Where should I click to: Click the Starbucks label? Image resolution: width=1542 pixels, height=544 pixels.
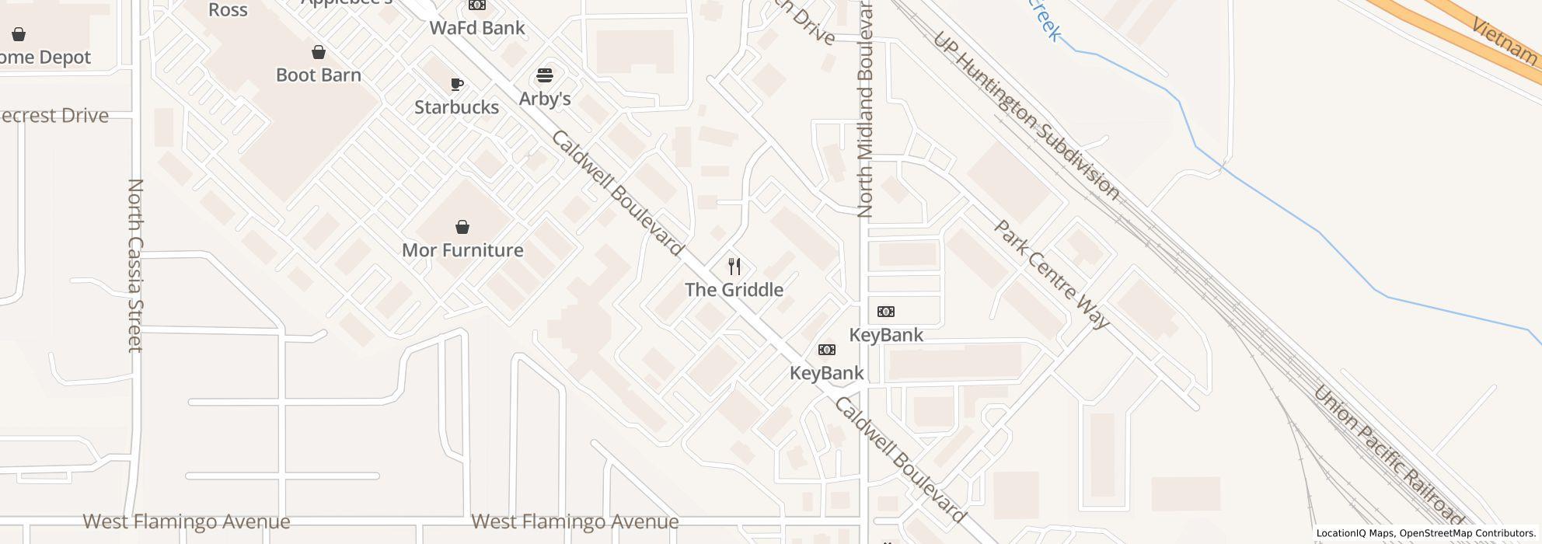tap(456, 107)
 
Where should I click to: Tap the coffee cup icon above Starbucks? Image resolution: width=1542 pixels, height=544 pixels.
tap(457, 84)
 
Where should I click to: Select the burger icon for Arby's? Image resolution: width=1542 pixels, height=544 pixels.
tap(545, 76)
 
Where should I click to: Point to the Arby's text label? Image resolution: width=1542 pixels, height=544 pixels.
tap(545, 99)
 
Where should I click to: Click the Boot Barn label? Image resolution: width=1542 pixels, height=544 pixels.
tap(319, 75)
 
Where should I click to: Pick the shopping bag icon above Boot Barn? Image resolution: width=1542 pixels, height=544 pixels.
tap(319, 52)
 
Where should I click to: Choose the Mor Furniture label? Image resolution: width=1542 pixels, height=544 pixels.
tap(462, 250)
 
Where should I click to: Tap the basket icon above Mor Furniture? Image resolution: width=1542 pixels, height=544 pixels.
tap(462, 227)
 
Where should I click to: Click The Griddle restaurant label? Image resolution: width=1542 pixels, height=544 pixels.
tap(734, 290)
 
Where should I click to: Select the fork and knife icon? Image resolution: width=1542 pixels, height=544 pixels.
tap(734, 267)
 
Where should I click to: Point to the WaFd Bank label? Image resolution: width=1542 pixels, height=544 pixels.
tap(477, 28)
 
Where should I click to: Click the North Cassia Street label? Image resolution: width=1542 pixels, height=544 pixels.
tap(135, 265)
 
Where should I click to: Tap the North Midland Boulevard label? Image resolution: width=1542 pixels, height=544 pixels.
tap(866, 109)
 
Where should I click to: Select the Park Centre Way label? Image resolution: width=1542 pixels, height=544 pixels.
tap(1052, 275)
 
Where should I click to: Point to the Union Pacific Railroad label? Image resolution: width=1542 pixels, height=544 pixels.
tap(1387, 455)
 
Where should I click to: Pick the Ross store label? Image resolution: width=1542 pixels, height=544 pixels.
tap(228, 10)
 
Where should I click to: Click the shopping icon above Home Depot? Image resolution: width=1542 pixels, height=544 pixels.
tap(19, 34)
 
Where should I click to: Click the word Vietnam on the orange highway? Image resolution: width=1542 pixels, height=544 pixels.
tap(1505, 40)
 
